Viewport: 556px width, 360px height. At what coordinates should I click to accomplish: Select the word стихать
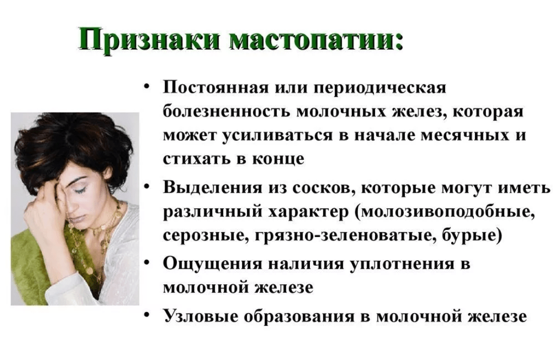196,158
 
